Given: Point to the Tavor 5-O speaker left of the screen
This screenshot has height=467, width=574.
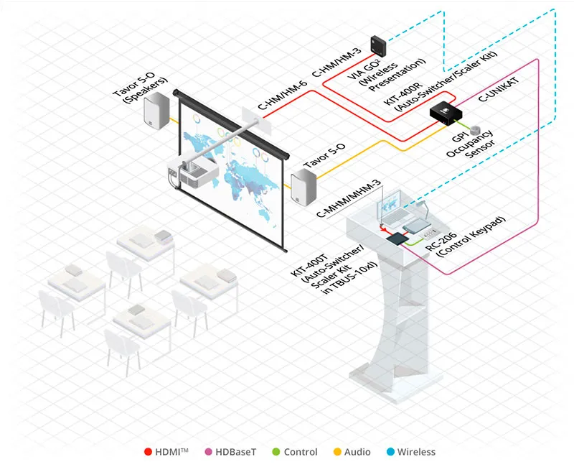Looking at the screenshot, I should pos(156,112).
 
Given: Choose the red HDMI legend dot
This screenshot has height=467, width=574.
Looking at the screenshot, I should pos(148,452).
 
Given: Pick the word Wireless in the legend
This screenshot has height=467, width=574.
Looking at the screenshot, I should pos(416,452).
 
